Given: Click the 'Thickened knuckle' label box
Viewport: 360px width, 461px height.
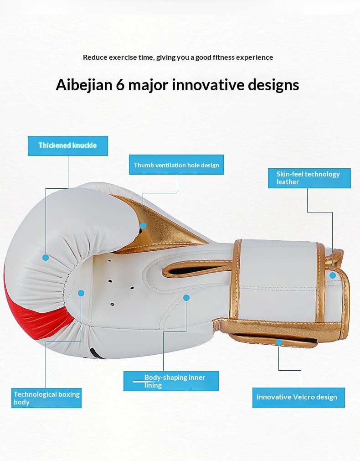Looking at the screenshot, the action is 68,145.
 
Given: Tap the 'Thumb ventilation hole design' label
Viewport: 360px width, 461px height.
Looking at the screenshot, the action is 176,165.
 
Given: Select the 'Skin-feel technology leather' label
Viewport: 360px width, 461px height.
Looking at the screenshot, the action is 309,178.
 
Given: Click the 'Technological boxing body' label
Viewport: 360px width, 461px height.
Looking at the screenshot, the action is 46,398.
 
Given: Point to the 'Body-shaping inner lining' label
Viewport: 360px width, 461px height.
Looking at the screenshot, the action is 171,381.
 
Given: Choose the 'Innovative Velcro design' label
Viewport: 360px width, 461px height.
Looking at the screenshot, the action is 298,398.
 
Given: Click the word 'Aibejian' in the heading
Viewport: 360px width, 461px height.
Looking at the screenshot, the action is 84,85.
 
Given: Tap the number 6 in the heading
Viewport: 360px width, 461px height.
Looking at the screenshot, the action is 120,85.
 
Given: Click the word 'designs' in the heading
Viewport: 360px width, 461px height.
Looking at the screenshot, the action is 273,85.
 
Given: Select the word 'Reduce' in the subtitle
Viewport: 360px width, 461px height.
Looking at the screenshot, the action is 95,57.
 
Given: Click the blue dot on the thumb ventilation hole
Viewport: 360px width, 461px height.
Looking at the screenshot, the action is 143,226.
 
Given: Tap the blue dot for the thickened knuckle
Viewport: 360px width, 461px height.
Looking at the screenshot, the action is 46,258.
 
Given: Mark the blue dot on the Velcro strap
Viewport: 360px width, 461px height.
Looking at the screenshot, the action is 279,342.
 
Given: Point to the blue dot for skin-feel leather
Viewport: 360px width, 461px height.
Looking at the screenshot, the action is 333,275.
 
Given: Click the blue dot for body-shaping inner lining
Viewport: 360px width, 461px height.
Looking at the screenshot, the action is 186,298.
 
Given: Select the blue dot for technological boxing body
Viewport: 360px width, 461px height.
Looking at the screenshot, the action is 82,293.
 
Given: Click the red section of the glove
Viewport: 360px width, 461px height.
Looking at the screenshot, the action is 32,317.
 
